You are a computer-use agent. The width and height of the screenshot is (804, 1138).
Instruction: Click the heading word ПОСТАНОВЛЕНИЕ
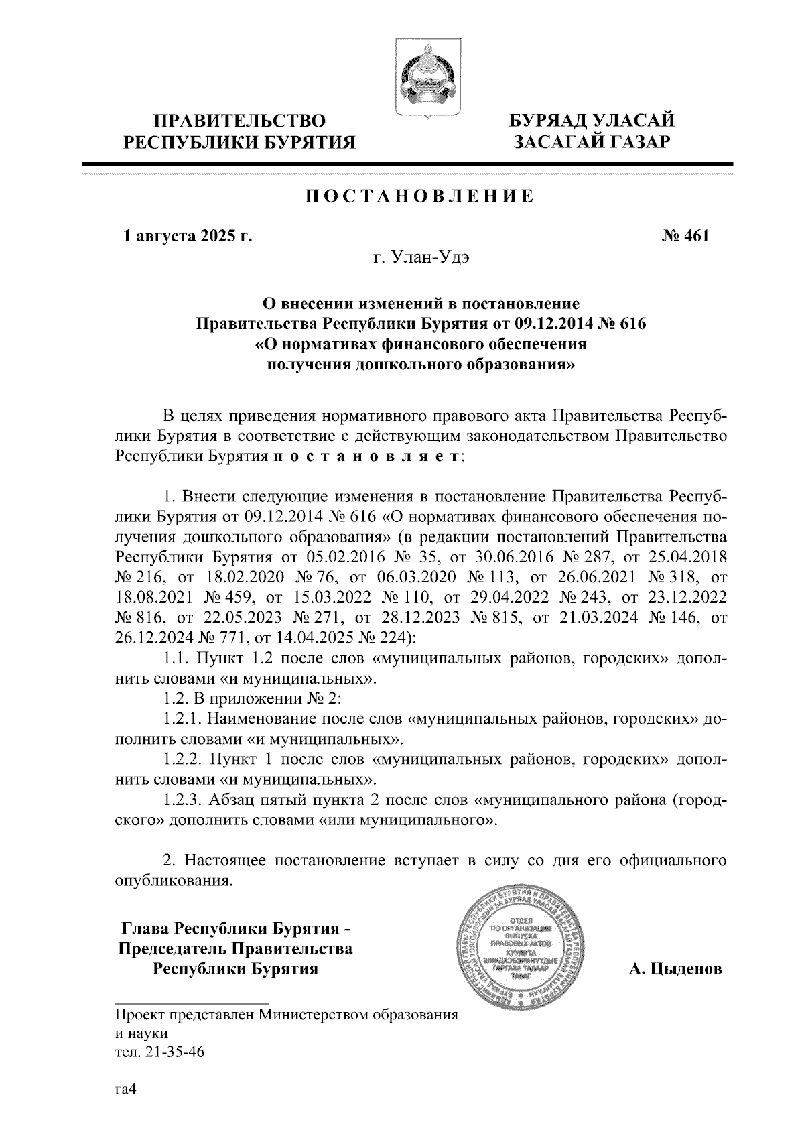[420, 196]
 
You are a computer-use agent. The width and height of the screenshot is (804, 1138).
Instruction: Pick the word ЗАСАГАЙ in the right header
[549, 142]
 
